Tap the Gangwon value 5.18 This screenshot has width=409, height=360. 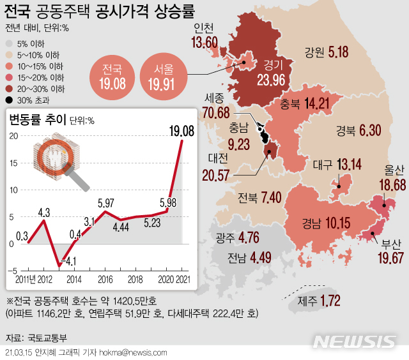pos(337,51)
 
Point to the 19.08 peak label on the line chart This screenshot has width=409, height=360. pos(181,131)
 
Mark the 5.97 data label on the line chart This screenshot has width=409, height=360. pos(106,204)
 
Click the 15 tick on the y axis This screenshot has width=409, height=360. pos(14,163)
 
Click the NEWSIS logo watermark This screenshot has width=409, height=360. pos(355,341)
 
